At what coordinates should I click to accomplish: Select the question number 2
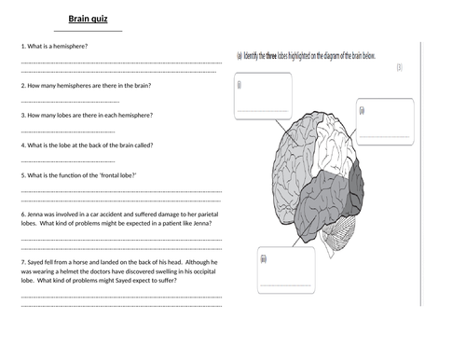(21, 86)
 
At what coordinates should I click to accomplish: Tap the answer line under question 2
(70, 101)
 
